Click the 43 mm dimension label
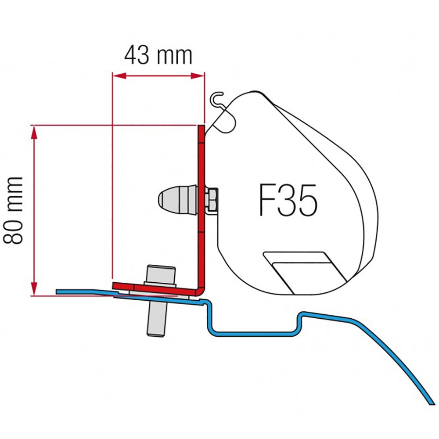click(x=158, y=56)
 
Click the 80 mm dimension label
click(x=13, y=211)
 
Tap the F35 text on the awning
click(x=288, y=200)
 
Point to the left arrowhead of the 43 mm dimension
click(x=119, y=76)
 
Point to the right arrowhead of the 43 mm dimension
click(x=198, y=76)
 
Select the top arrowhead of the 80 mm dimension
click(x=34, y=132)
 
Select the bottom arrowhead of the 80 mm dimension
click(x=34, y=289)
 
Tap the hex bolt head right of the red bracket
click(x=212, y=199)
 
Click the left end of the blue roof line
click(x=57, y=292)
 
